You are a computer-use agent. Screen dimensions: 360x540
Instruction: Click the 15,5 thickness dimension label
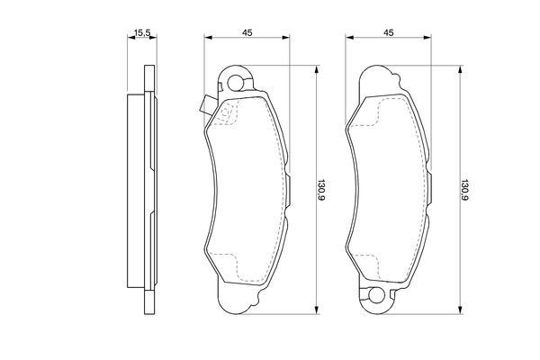tap(141, 33)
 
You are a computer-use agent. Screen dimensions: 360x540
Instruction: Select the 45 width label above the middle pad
tap(246, 33)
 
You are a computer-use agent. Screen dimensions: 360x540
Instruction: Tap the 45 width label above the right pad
tap(390, 33)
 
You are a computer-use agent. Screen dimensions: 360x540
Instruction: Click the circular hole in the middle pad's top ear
tap(237, 85)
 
